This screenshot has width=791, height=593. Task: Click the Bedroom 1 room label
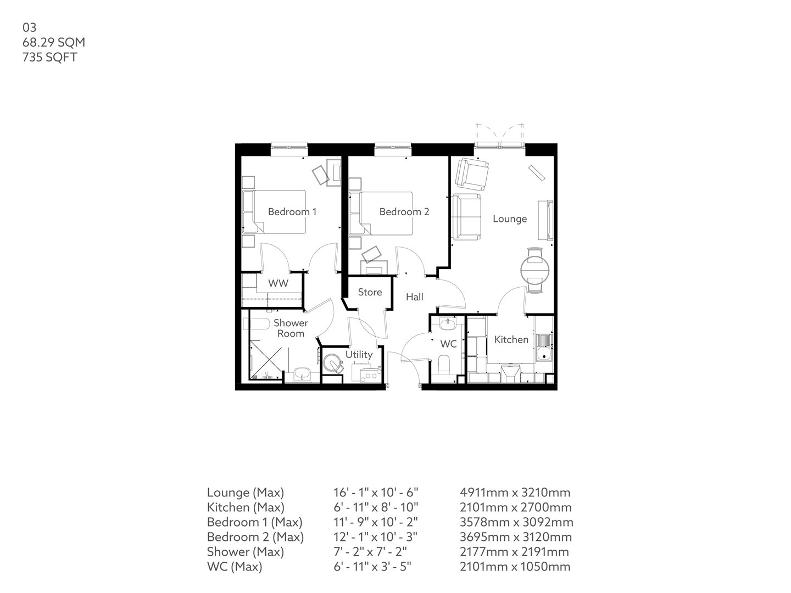pyautogui.click(x=292, y=212)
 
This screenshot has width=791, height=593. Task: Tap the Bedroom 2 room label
pyautogui.click(x=404, y=212)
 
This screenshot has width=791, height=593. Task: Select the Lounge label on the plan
pyautogui.click(x=509, y=219)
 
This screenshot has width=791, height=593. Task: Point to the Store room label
pyautogui.click(x=370, y=292)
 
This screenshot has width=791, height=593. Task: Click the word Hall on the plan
pyautogui.click(x=414, y=297)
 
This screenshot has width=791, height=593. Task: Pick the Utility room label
pyautogui.click(x=359, y=355)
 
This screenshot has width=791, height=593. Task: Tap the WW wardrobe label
pyautogui.click(x=278, y=284)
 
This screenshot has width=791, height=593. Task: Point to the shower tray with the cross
pyautogui.click(x=265, y=359)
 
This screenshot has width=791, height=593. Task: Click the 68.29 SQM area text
pyautogui.click(x=53, y=42)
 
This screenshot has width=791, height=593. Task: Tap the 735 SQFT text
pyautogui.click(x=49, y=57)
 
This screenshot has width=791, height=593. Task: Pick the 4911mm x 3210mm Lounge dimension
pyautogui.click(x=515, y=493)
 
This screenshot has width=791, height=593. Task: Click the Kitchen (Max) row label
pyautogui.click(x=245, y=507)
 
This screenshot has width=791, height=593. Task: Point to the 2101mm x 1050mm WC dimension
pyautogui.click(x=515, y=567)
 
